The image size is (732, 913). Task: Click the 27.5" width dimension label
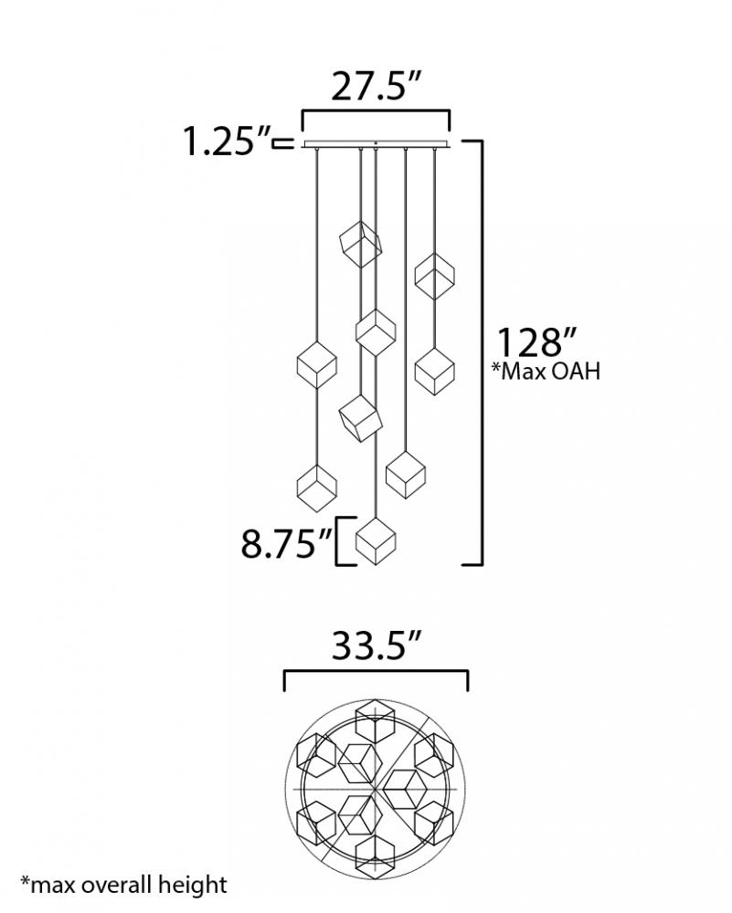[376, 87]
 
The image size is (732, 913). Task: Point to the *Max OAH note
[546, 371]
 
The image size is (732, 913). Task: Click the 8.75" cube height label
[285, 544]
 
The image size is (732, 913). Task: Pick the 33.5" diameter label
[376, 645]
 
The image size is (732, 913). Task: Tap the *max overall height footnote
[123, 885]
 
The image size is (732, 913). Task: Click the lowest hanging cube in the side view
[376, 540]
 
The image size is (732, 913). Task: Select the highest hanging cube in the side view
[361, 244]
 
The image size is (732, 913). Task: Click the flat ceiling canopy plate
[376, 144]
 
